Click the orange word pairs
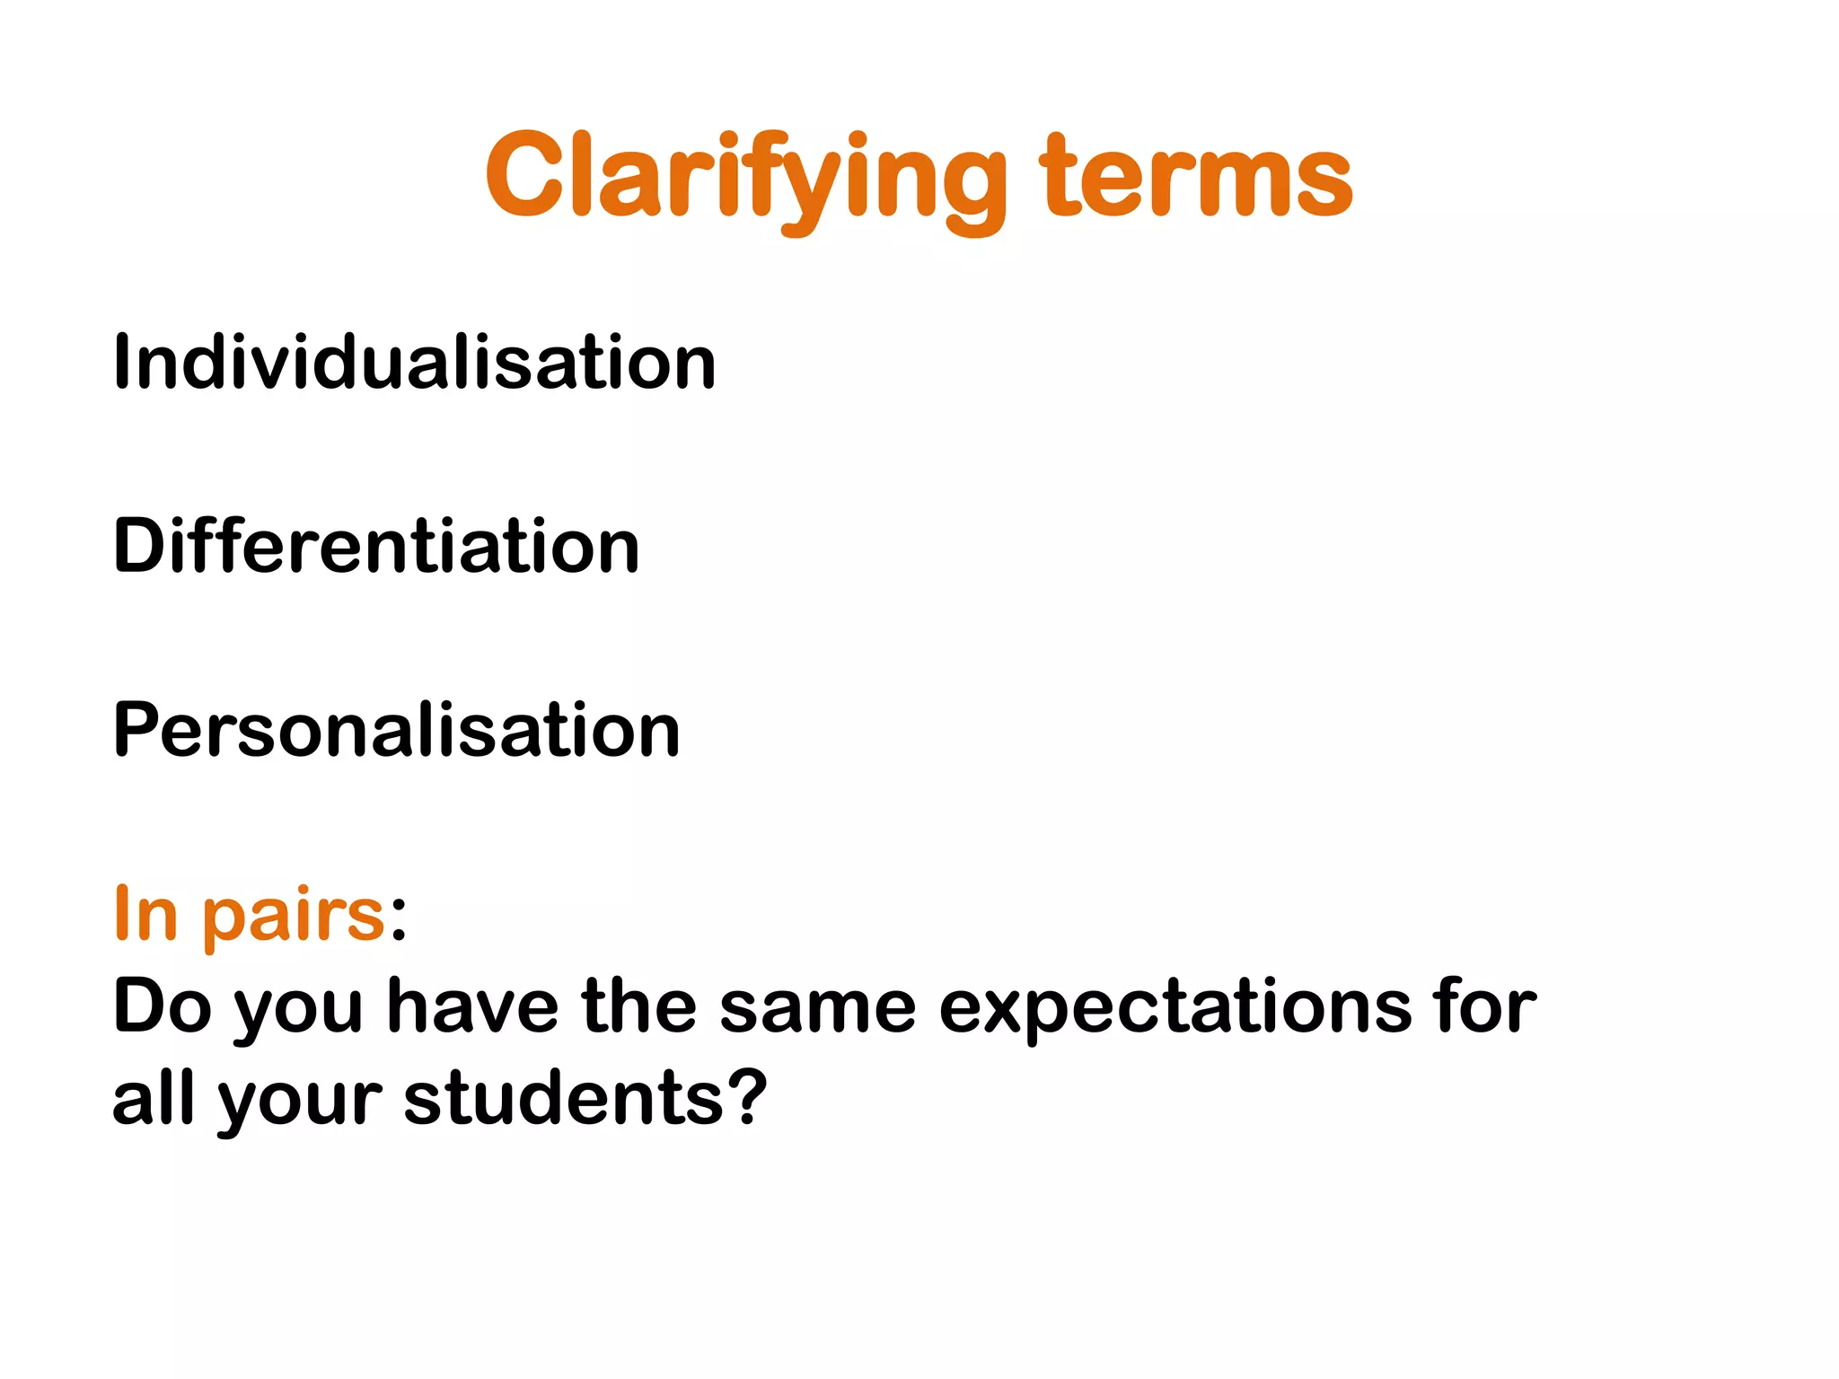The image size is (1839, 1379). click(x=294, y=918)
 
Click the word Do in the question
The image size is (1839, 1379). click(x=162, y=1006)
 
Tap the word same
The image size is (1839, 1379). click(x=817, y=1008)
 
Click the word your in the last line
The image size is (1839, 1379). click(x=300, y=1102)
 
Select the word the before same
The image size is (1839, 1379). click(x=639, y=1006)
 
